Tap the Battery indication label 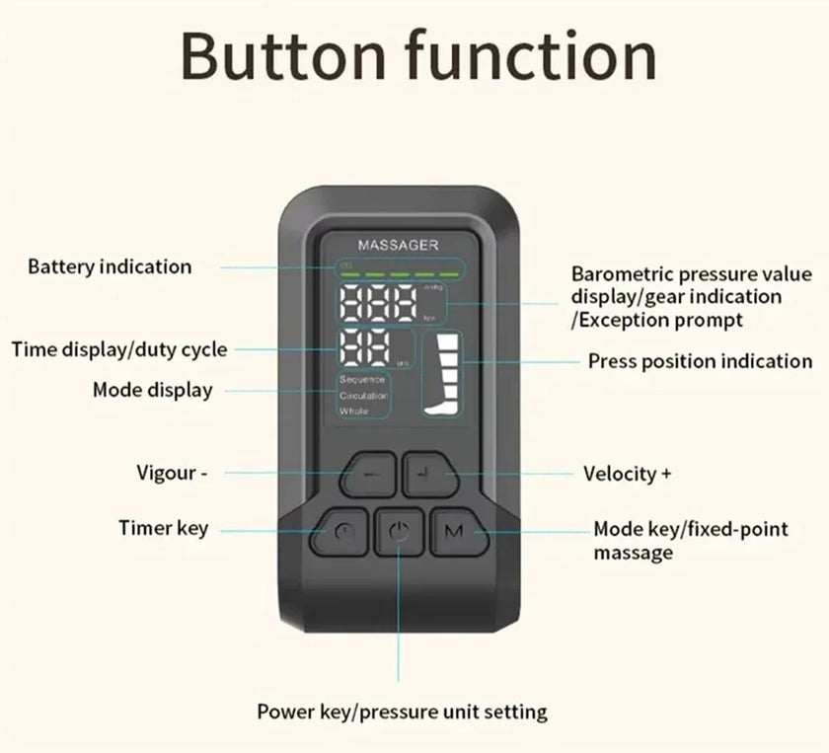110,266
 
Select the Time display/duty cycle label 119,349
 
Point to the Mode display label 152,390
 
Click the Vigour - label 172,473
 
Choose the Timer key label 163,528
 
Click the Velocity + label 628,474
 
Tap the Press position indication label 700,361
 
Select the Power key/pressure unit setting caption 402,711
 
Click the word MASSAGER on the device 398,245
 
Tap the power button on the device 399,534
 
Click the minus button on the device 367,476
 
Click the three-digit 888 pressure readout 380,305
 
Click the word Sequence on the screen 361,380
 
